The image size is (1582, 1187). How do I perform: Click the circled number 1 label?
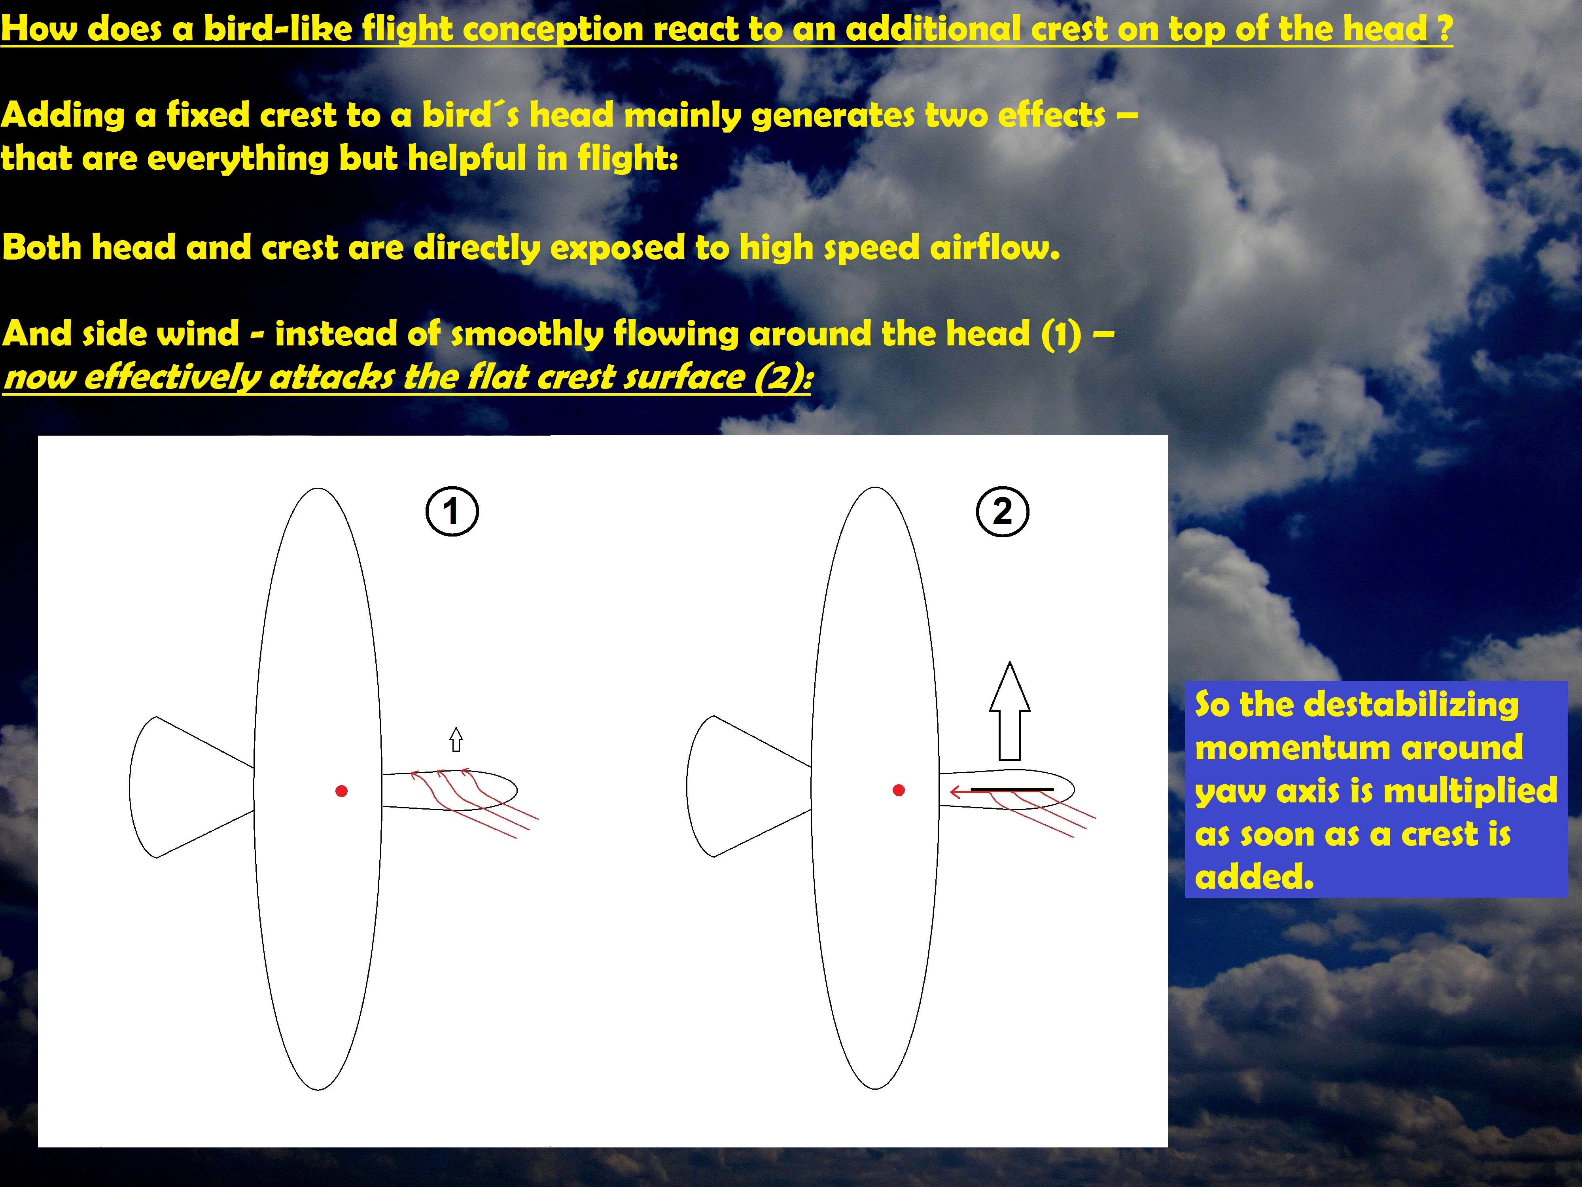452,512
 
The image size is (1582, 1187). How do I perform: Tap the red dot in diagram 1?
341,791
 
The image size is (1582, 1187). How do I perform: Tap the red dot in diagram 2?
899,790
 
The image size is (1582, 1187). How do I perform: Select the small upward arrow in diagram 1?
456,739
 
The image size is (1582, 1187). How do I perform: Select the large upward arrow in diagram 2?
1009,711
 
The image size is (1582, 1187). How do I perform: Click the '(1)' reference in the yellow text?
1062,334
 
